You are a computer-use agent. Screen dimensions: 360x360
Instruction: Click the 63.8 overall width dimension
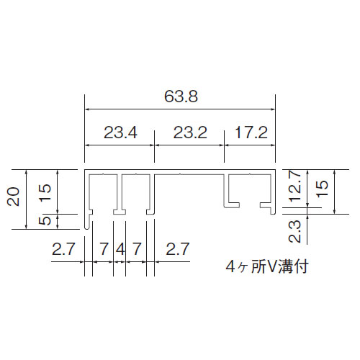click(181, 96)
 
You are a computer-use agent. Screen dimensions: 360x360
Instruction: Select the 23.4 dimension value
click(120, 132)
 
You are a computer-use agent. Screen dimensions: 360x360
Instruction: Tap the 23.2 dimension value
click(190, 132)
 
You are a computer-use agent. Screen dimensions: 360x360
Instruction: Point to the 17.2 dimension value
click(251, 132)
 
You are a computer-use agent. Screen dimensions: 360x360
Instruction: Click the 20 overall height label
click(14, 197)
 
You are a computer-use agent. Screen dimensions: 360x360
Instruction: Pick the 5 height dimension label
click(45, 221)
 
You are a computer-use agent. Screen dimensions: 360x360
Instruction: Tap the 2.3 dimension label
click(294, 232)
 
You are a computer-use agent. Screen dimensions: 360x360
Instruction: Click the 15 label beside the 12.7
click(322, 189)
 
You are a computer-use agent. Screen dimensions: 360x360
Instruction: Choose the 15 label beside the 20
click(45, 192)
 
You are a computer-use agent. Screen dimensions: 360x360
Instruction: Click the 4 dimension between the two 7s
click(120, 249)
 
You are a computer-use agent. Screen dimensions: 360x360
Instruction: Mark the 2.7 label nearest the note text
click(178, 249)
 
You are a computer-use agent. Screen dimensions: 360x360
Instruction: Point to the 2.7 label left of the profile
click(63, 249)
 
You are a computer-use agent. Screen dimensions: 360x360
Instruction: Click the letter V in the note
click(271, 266)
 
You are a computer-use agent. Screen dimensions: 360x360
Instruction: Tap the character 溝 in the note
click(285, 266)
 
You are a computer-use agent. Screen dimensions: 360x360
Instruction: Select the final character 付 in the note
click(300, 266)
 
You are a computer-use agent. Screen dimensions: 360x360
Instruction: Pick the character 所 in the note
click(258, 266)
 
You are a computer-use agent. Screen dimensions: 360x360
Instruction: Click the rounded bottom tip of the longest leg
click(87, 228)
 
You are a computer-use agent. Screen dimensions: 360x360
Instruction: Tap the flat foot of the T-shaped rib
click(120, 212)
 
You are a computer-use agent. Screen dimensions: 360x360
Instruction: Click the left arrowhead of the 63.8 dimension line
click(88, 109)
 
